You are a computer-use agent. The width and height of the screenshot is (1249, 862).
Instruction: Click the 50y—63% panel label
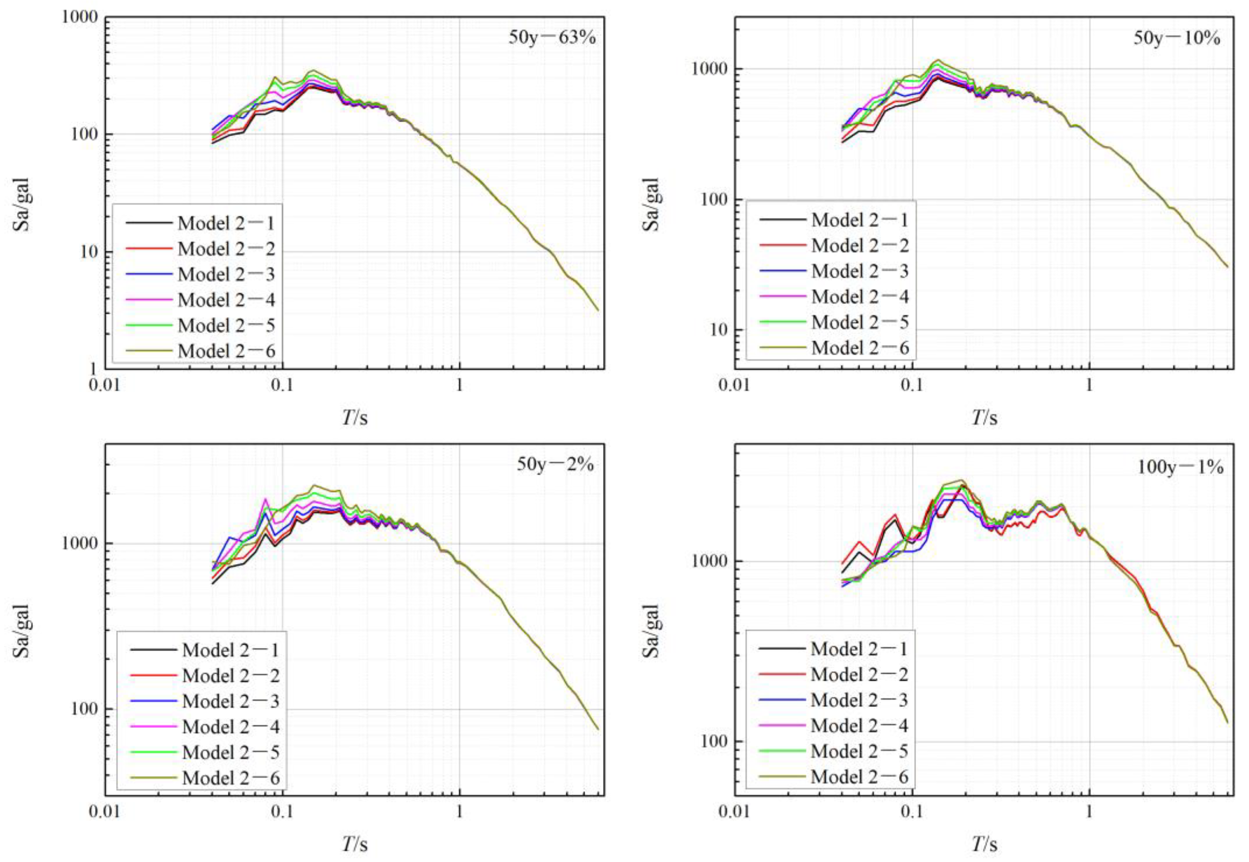(552, 38)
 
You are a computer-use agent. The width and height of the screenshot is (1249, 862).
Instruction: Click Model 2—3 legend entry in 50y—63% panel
(226, 275)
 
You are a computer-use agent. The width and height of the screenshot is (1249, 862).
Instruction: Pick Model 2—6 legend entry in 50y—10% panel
(859, 348)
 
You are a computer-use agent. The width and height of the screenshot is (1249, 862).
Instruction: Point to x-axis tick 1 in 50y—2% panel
(459, 812)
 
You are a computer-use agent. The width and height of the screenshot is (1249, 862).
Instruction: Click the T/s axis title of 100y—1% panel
(984, 844)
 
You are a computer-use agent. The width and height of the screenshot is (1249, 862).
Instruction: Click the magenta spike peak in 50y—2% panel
(265, 499)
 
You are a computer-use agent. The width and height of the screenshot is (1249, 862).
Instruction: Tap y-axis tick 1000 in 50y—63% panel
(81, 17)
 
